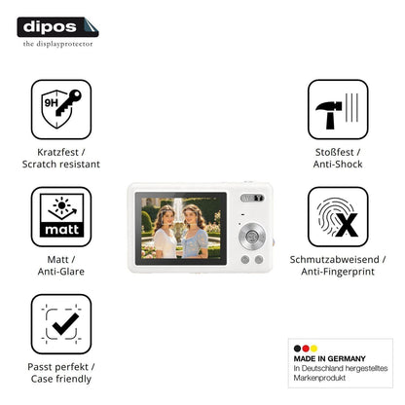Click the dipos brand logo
(x=57, y=27)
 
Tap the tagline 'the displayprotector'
(x=57, y=44)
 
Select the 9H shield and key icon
(x=61, y=109)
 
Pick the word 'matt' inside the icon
(x=61, y=230)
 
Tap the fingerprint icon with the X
(x=338, y=217)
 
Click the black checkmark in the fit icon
(x=65, y=324)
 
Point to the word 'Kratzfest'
(x=57, y=152)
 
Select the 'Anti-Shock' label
(x=338, y=164)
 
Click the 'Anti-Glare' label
(x=61, y=272)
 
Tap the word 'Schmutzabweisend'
(x=334, y=260)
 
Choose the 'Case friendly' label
(x=61, y=379)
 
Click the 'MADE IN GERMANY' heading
(x=329, y=358)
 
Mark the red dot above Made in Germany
(x=306, y=349)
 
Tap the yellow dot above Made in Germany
(x=313, y=349)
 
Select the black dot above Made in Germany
(x=297, y=349)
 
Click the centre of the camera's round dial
(x=252, y=236)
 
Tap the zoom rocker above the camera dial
(x=252, y=198)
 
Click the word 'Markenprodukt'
(x=319, y=378)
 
